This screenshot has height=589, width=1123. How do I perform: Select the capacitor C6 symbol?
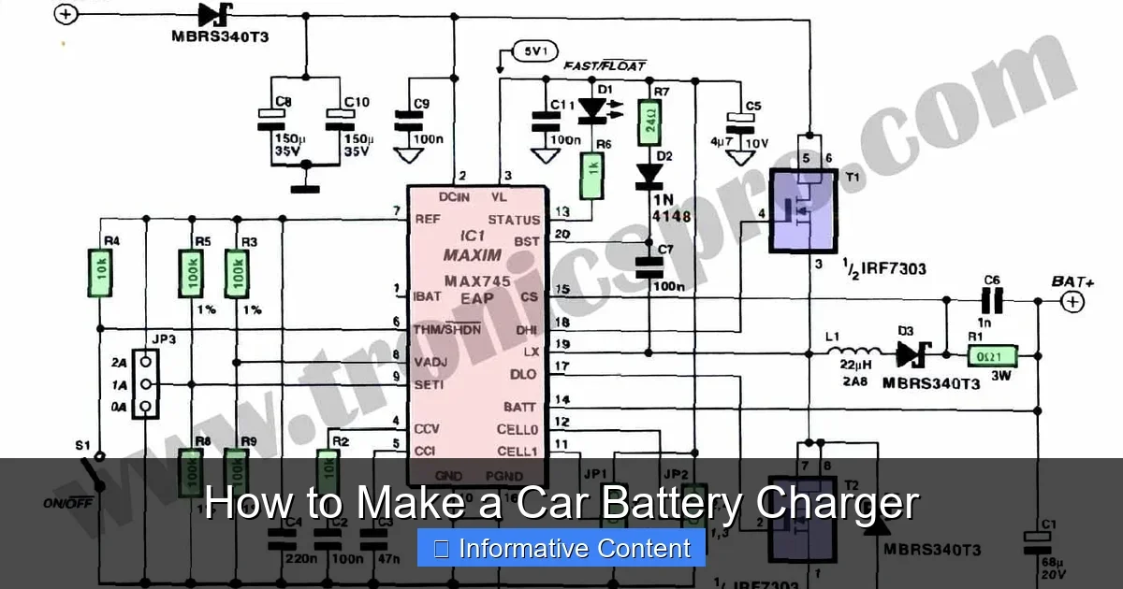(992, 301)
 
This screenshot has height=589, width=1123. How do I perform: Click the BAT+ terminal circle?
(1072, 301)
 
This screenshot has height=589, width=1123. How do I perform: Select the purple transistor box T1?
(803, 210)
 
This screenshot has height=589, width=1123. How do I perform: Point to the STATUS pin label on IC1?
(515, 220)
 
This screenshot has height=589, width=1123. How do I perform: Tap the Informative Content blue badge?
(561, 549)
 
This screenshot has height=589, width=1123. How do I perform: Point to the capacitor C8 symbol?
(270, 119)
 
